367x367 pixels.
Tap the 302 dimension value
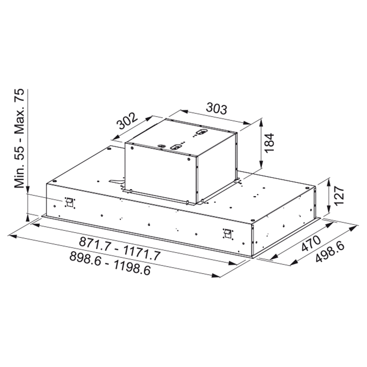[x=127, y=121]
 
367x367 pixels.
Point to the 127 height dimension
[x=338, y=196]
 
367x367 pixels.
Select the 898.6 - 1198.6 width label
[x=110, y=263]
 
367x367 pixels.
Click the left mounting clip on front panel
[x=69, y=202]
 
